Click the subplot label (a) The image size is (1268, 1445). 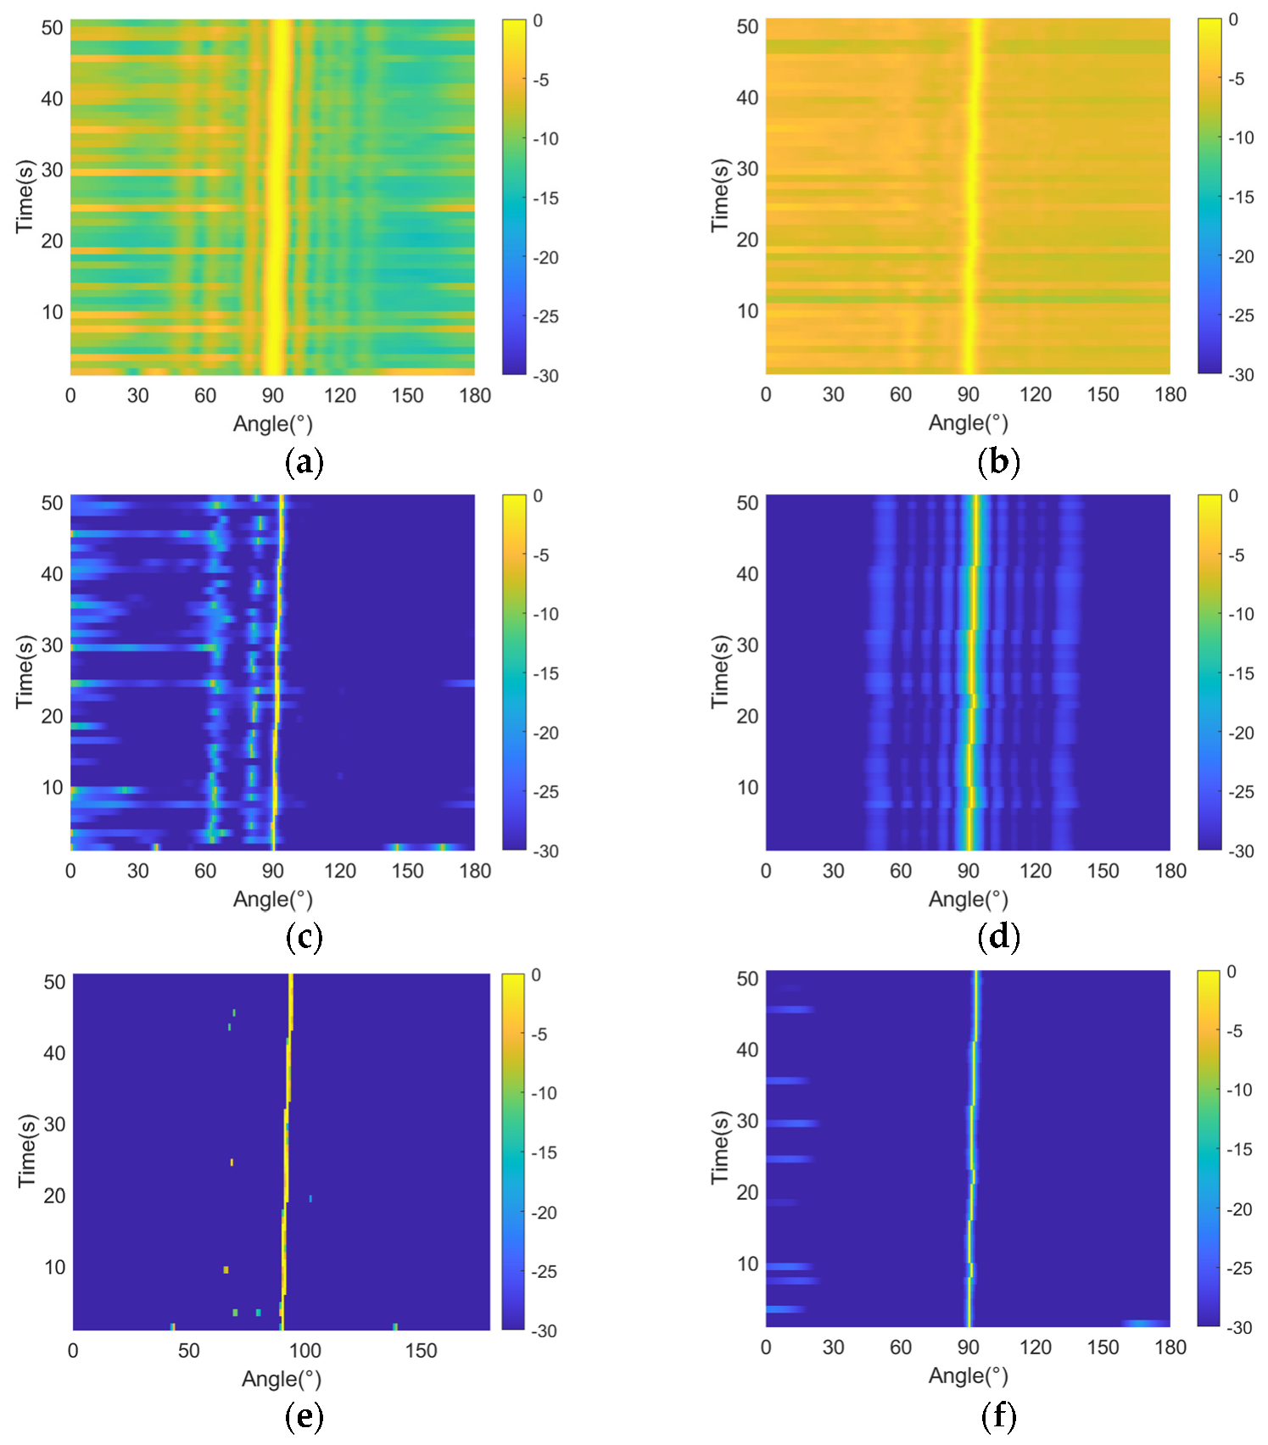pos(304,462)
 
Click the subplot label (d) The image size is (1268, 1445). pos(998,937)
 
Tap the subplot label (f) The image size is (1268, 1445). pos(998,1415)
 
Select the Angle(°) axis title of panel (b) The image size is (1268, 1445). pos(968,422)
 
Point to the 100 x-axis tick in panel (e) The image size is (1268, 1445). pos(304,1351)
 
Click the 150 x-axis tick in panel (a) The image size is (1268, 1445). pos(407,395)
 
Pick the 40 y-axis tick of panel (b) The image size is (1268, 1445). pos(747,98)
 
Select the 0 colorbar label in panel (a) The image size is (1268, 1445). pos(538,20)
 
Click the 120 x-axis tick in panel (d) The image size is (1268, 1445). pos(1035,871)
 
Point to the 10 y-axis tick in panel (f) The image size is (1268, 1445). pos(747,1264)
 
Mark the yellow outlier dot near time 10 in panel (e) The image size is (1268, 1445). pos(226,1269)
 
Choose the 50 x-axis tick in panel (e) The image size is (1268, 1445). pos(188,1351)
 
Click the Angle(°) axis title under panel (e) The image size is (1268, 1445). pos(281,1379)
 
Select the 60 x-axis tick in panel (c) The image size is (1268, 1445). pos(205,871)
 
